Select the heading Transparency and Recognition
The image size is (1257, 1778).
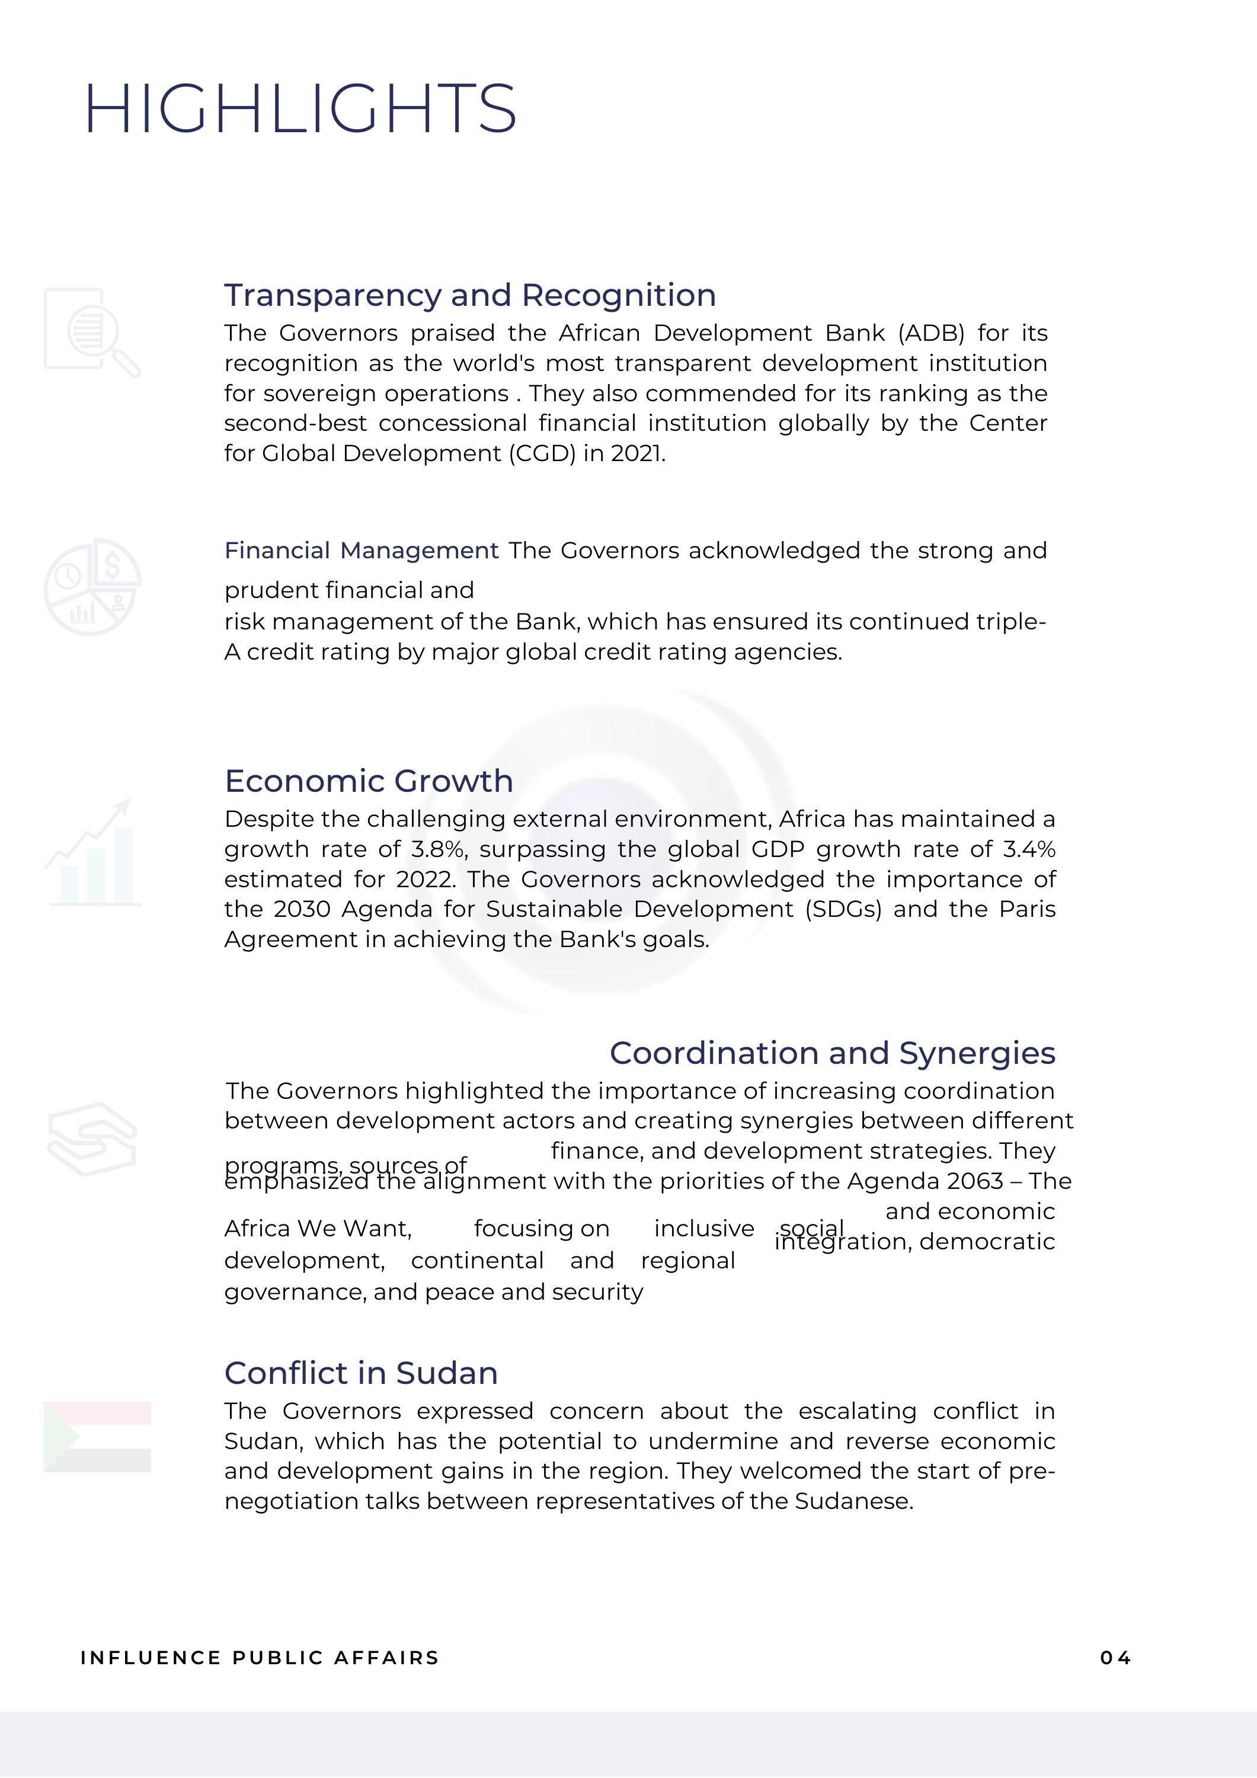pos(469,295)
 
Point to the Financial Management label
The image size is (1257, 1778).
pos(361,551)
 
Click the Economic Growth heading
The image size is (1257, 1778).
pos(369,781)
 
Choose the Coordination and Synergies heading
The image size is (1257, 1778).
pos(832,1053)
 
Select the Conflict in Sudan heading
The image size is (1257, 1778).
pos(361,1373)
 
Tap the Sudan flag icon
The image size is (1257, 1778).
pos(97,1437)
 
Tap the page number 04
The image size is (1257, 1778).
pos(1115,1658)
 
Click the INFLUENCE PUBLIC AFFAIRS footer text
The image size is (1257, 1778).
pos(260,1658)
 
